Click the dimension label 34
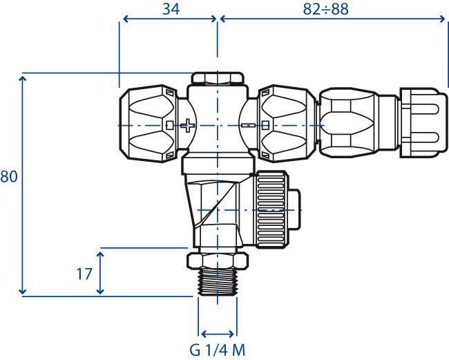point(171,9)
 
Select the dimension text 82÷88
point(325,9)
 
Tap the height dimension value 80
point(8,176)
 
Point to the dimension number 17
point(84,274)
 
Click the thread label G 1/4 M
point(218,350)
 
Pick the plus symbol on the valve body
point(188,126)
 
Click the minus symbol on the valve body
point(249,125)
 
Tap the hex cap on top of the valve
point(218,78)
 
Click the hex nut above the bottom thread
point(218,261)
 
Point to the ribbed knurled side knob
point(271,209)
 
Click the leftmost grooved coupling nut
point(149,124)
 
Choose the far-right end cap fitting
point(423,122)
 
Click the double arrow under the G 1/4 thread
point(218,334)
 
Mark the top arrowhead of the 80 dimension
point(22,79)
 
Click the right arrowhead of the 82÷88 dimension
point(441,19)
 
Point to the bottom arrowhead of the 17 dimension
point(100,290)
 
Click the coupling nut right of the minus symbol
point(287,124)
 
